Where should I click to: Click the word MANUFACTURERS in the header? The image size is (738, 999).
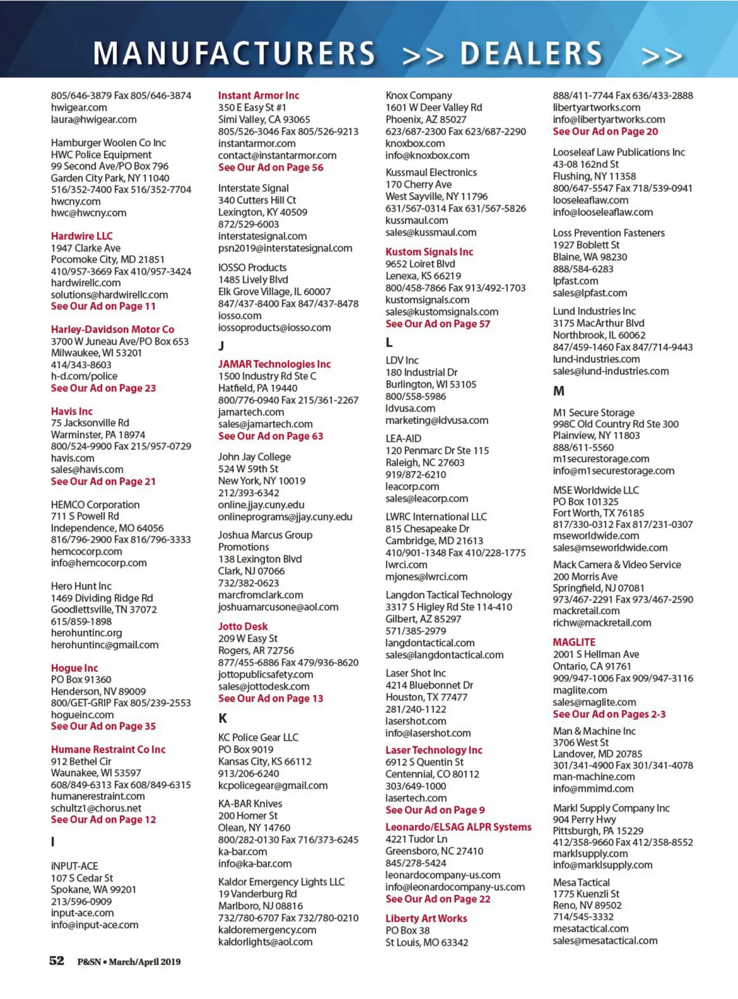tap(234, 53)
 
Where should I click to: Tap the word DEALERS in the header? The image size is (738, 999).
tap(531, 53)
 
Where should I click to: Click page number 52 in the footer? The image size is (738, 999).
tap(57, 961)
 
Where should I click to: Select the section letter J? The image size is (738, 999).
tap(221, 346)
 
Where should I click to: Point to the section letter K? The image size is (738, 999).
tap(223, 718)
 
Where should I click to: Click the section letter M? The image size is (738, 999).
tap(558, 391)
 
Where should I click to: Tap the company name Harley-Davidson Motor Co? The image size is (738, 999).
tap(113, 330)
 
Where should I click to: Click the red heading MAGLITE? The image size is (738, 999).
tap(574, 642)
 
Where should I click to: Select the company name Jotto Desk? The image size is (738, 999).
tap(243, 626)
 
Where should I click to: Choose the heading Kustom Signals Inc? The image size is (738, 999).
tap(429, 252)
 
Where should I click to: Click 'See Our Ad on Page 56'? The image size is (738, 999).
tap(271, 167)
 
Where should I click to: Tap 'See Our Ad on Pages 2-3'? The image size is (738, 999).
tap(609, 714)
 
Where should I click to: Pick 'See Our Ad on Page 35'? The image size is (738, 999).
tap(103, 726)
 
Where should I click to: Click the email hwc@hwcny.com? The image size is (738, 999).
tap(89, 213)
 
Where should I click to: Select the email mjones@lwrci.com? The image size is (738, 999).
tap(426, 577)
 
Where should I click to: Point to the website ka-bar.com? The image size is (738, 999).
tap(242, 851)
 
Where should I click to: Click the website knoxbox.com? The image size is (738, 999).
tap(415, 143)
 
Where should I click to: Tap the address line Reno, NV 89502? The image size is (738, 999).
tap(587, 906)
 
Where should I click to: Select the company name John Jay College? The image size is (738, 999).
tap(254, 457)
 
